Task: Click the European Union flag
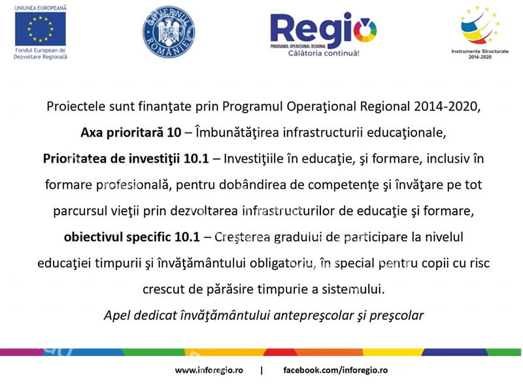(x=41, y=29)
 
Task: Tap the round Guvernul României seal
(x=169, y=31)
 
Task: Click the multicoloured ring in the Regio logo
(x=365, y=30)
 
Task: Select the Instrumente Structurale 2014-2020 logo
(x=480, y=32)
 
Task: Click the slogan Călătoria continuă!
(x=324, y=54)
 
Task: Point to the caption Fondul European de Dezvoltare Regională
(x=41, y=54)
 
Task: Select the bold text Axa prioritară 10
(x=131, y=133)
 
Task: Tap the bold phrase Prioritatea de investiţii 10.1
(x=126, y=159)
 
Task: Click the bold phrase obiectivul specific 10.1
(x=132, y=237)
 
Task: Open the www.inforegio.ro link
(x=209, y=370)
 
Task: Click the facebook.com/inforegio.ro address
(x=335, y=370)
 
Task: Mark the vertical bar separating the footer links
(x=261, y=370)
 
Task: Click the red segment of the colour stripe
(x=280, y=352)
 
